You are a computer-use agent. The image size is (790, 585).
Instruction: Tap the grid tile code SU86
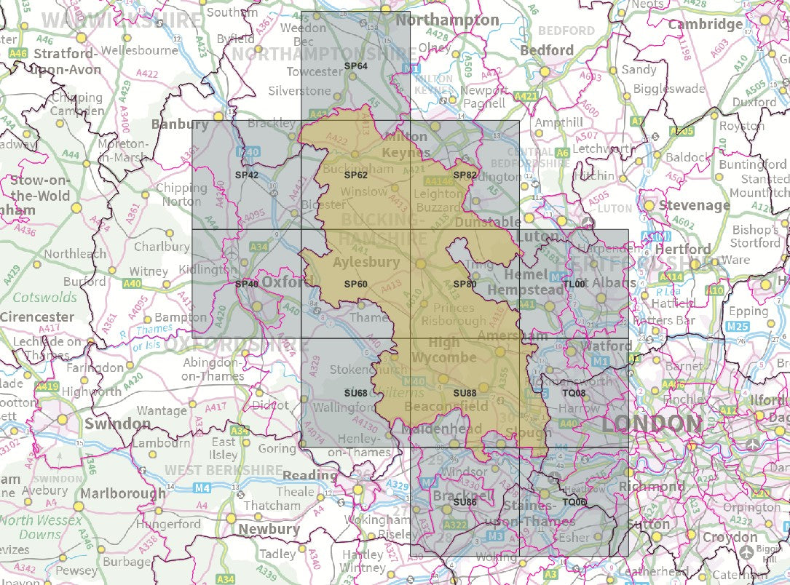tap(465, 502)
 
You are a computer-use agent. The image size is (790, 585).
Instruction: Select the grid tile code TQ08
tap(574, 393)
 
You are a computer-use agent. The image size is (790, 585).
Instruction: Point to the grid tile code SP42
tap(247, 175)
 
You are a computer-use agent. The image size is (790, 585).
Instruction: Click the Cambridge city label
tap(706, 24)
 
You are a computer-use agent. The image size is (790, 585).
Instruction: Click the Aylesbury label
tap(366, 262)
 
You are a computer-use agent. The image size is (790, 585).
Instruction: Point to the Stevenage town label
tap(694, 205)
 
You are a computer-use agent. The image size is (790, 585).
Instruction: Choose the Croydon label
tap(730, 537)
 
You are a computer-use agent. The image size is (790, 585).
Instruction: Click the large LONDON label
tap(651, 423)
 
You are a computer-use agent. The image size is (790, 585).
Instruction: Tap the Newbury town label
tap(269, 529)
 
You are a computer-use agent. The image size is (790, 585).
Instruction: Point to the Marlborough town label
tap(123, 493)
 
